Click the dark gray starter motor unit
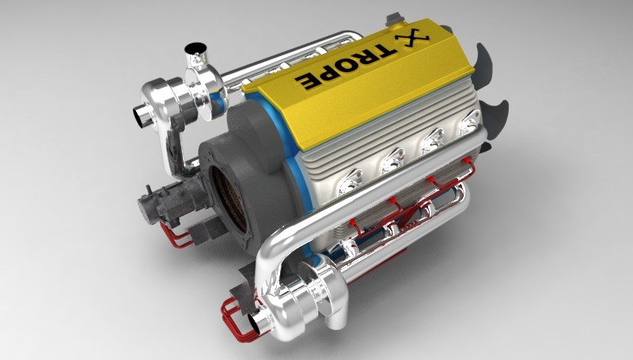click(158, 205)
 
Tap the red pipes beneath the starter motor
click(178, 236)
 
